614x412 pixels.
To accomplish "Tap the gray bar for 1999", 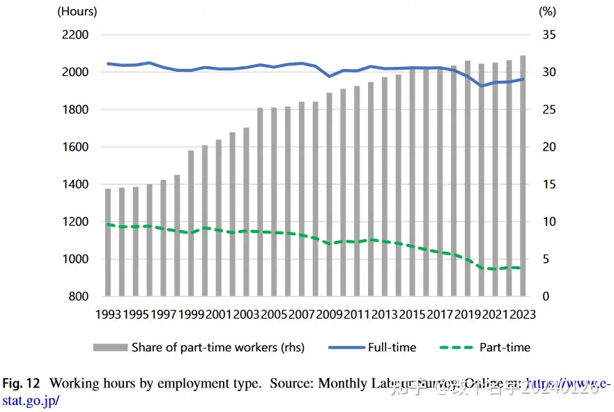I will click(x=191, y=223).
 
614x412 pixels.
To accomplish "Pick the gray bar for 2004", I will click(x=260, y=202).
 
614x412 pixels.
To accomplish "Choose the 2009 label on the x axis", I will click(x=330, y=314).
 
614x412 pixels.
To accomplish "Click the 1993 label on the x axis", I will click(x=108, y=314).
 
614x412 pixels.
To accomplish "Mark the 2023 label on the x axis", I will click(x=523, y=314).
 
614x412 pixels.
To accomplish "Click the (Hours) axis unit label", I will click(x=77, y=10).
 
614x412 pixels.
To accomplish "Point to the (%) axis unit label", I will click(x=547, y=10).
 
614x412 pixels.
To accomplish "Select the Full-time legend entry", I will click(x=392, y=346).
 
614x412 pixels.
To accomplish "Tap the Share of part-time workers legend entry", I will click(x=217, y=346).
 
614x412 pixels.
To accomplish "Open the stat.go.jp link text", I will click(x=30, y=400).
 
